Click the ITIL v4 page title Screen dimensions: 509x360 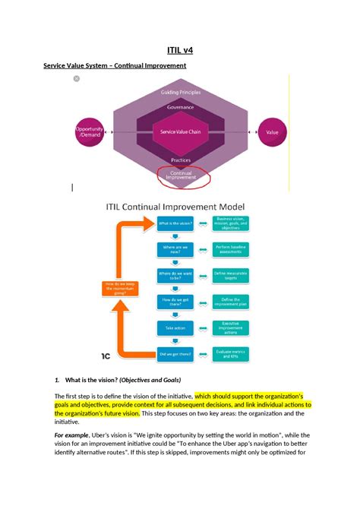point(179,51)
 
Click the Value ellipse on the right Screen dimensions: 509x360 point(271,132)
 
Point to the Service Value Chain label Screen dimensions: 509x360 point(180,132)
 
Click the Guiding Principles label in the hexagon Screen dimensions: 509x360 point(180,93)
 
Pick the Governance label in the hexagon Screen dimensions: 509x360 point(180,107)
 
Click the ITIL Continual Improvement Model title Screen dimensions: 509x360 point(180,207)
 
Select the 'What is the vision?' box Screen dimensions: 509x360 point(175,223)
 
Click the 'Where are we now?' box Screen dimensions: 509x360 point(175,248)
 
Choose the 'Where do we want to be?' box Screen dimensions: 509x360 point(175,275)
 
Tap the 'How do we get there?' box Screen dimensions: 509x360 point(175,302)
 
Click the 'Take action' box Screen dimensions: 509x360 point(175,327)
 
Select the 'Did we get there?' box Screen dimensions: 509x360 point(175,353)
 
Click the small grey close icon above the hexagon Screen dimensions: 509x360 point(76,79)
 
